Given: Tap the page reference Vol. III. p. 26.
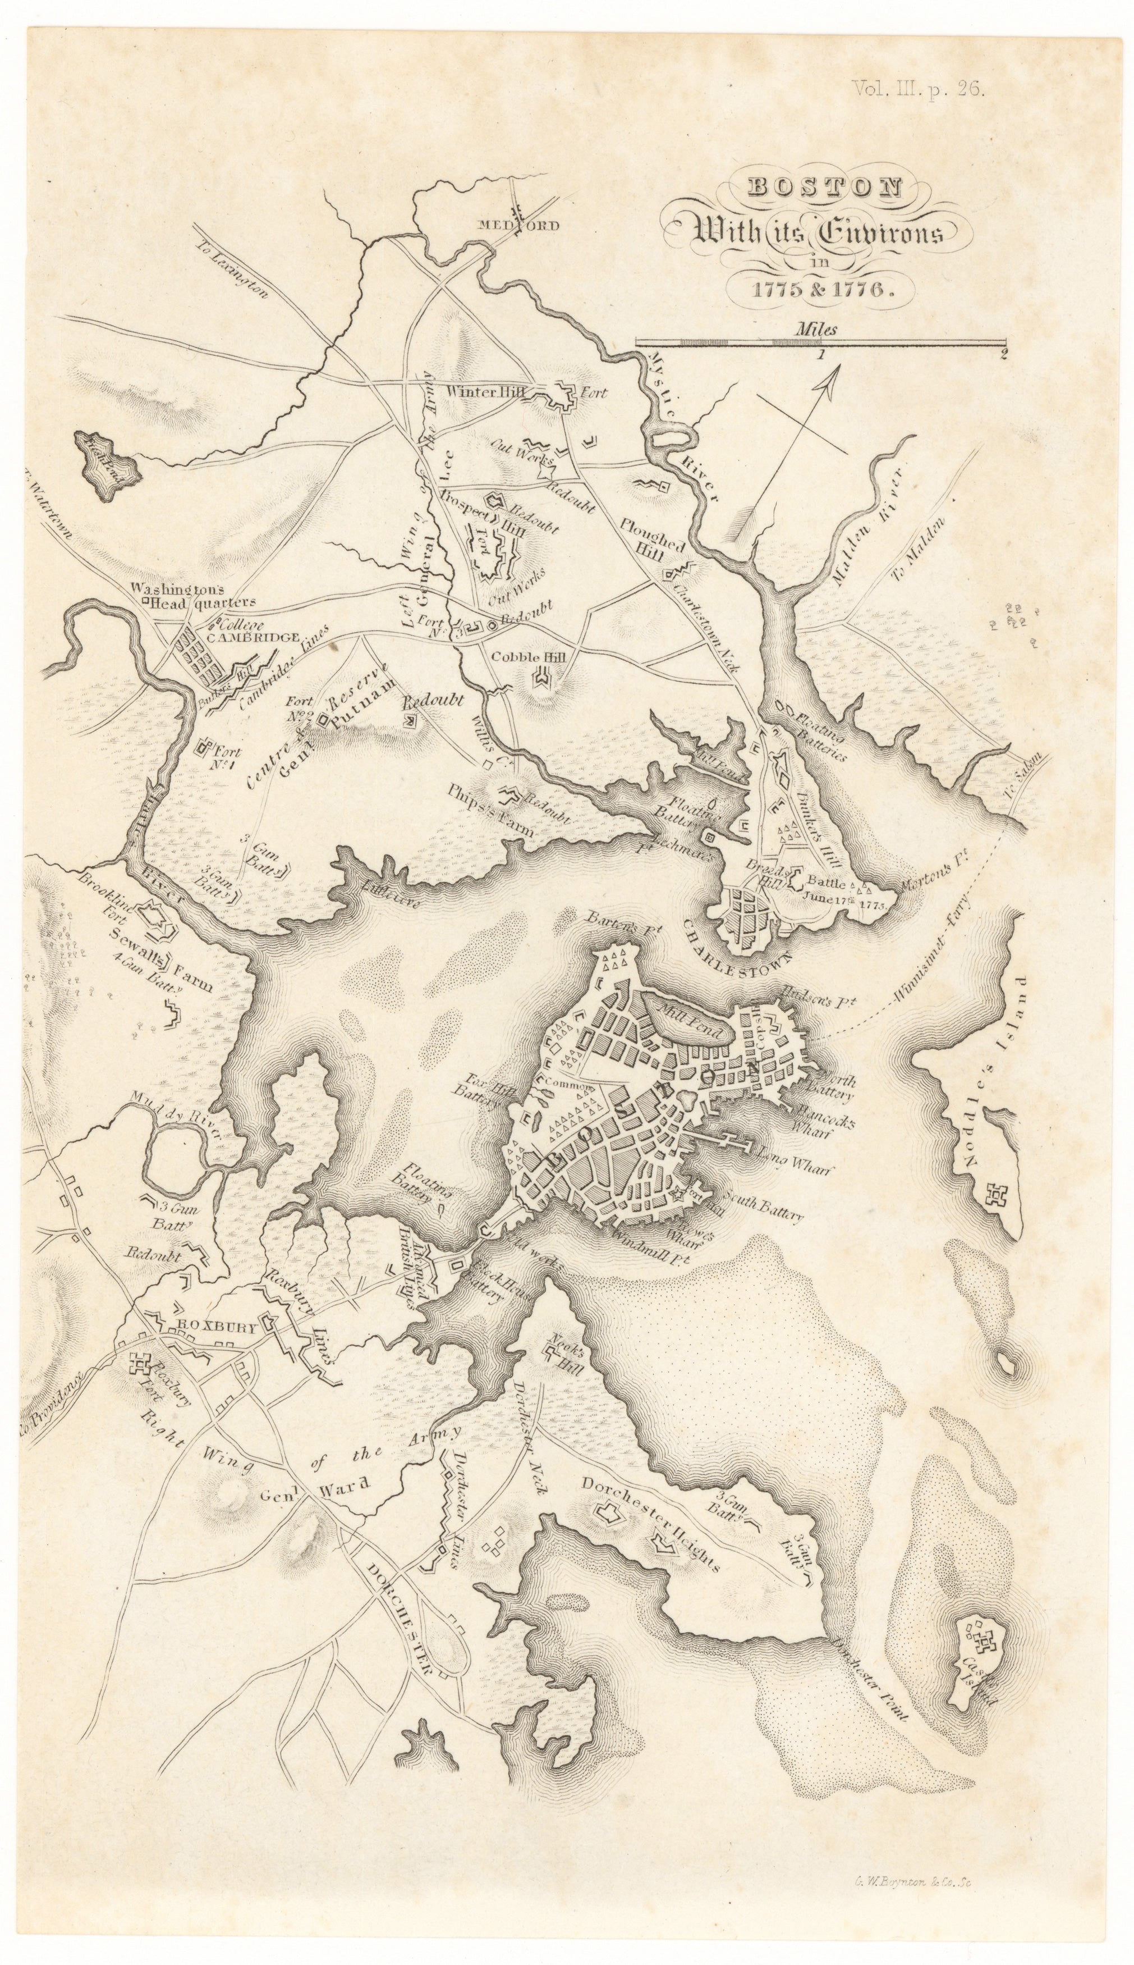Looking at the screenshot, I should [919, 89].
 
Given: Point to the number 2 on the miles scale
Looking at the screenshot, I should [1002, 355].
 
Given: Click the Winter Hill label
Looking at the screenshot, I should [483, 392].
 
